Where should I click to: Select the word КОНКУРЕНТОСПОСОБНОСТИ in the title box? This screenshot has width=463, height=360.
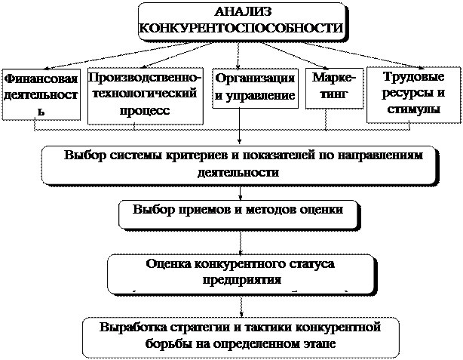pyautogui.click(x=242, y=29)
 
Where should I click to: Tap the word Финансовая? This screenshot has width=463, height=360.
pyautogui.click(x=41, y=78)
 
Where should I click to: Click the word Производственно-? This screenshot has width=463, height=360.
pyautogui.click(x=145, y=76)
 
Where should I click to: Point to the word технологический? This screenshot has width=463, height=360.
pyautogui.click(x=143, y=93)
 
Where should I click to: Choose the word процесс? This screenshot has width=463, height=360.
pyautogui.click(x=145, y=109)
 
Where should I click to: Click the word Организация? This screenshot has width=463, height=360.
pyautogui.click(x=255, y=78)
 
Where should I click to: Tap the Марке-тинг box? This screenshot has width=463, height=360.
pyautogui.click(x=333, y=87)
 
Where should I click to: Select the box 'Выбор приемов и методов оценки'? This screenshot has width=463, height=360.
pyautogui.click(x=238, y=212)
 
